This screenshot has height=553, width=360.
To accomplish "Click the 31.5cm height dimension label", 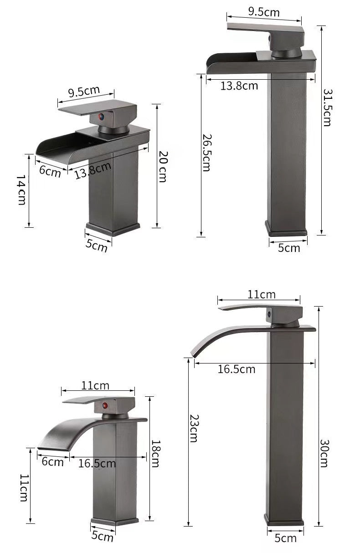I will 327,107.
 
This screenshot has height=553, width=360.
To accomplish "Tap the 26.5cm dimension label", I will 206,153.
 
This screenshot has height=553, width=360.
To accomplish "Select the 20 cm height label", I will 163,166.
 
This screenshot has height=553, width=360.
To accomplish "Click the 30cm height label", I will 324,453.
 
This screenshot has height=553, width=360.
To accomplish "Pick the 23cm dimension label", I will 193,428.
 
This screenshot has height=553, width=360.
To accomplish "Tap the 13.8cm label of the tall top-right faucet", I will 239,86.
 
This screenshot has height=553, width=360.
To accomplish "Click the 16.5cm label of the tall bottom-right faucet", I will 236,369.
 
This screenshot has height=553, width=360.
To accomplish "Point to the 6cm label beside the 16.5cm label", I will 52,462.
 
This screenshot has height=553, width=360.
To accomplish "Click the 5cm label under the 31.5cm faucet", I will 289,248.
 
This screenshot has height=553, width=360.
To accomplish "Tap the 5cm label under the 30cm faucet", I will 285,538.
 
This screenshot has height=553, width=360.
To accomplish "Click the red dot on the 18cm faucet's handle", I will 105,405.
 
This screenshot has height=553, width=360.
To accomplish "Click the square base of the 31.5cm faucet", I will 286,228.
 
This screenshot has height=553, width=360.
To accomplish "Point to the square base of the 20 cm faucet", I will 112,228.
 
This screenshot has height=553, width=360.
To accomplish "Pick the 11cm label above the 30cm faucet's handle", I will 261,295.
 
